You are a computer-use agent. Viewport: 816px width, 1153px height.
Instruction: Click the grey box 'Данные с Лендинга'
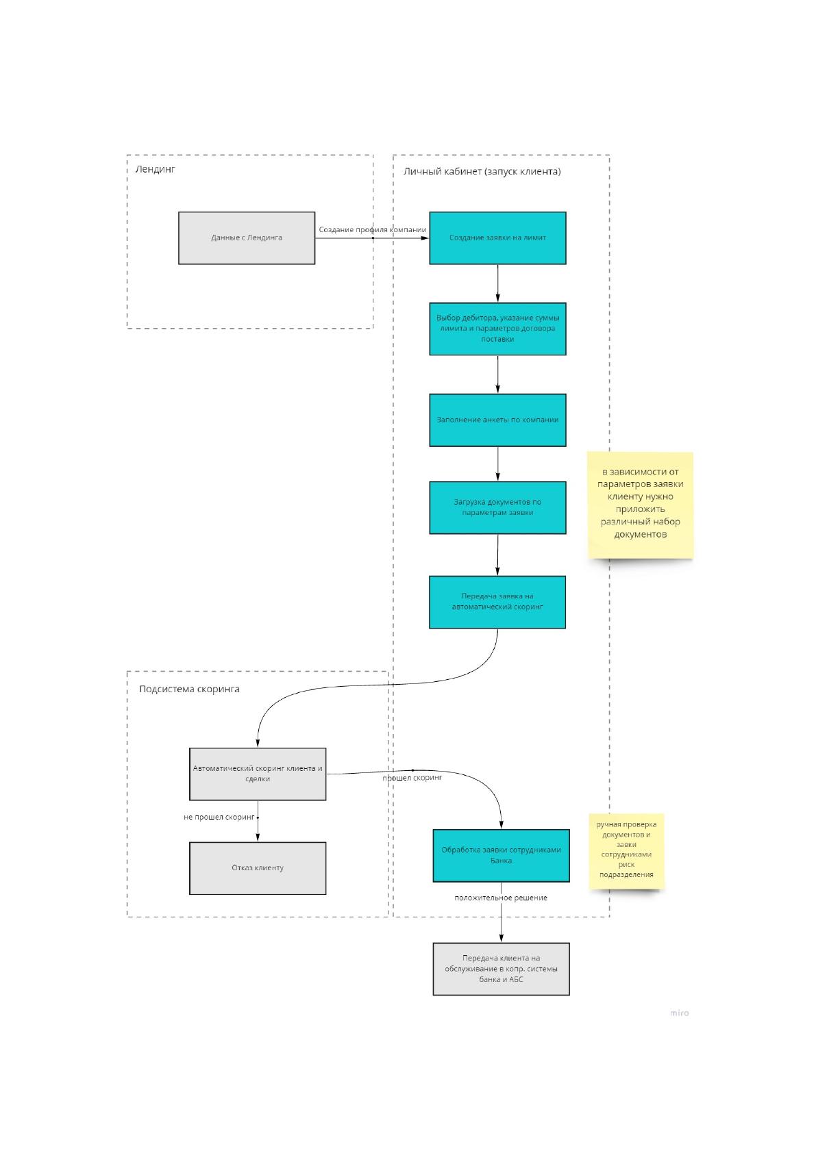click(246, 238)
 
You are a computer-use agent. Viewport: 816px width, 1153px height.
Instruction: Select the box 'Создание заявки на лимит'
click(497, 238)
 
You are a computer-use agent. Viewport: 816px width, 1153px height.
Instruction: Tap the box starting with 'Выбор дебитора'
click(497, 329)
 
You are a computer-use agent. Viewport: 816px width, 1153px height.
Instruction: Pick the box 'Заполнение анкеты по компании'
click(497, 420)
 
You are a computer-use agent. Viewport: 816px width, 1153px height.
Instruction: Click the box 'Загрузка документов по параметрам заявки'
click(497, 507)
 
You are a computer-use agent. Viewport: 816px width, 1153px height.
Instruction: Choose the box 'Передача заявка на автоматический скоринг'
click(497, 602)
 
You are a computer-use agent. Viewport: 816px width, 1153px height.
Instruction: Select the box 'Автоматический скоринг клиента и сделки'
click(258, 774)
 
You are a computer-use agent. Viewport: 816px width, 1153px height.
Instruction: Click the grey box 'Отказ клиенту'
click(258, 868)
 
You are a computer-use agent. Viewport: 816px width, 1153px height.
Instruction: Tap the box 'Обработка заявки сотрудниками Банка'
click(502, 855)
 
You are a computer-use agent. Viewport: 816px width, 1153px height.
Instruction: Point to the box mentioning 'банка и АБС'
click(502, 969)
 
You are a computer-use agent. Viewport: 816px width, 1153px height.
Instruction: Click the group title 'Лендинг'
click(155, 169)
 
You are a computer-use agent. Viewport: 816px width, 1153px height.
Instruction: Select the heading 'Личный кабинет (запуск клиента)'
click(482, 171)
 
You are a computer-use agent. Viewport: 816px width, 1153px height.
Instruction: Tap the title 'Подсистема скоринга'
click(189, 689)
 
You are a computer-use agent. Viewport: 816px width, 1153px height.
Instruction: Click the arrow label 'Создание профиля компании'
click(373, 229)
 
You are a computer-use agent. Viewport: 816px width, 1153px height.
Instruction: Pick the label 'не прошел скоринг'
click(219, 817)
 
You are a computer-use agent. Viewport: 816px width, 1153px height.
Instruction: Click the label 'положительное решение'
click(501, 898)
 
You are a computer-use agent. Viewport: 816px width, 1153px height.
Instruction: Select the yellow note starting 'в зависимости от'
click(641, 505)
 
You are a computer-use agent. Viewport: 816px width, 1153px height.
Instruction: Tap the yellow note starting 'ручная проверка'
click(626, 851)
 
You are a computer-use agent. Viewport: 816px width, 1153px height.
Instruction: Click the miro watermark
click(679, 1013)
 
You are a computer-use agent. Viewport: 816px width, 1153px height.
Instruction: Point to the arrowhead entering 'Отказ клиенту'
click(258, 837)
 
